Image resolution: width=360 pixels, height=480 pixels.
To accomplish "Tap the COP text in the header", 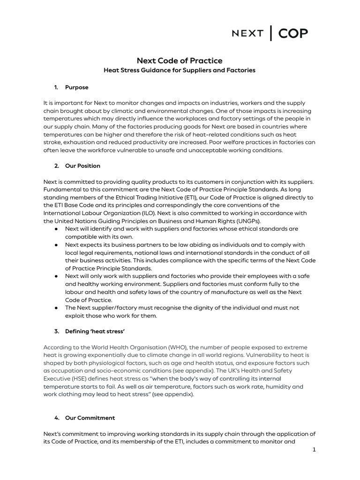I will coord(293,34).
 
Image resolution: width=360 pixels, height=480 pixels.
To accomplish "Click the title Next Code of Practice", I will coord(180,61).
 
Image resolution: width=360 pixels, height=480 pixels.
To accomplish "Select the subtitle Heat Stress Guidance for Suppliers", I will coord(180,70).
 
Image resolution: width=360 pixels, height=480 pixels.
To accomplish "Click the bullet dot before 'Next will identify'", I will coord(56,229).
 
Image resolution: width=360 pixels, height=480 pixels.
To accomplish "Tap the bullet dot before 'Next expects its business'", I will coord(56,245).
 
